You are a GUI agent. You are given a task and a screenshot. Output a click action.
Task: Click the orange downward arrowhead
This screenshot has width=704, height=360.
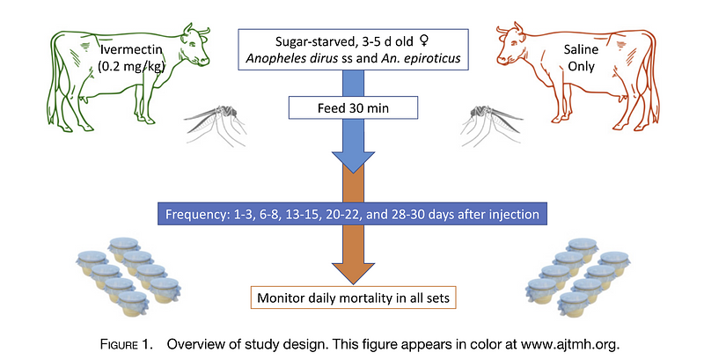[352, 268]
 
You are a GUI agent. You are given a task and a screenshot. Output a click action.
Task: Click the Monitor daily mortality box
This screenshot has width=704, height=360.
[352, 298]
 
